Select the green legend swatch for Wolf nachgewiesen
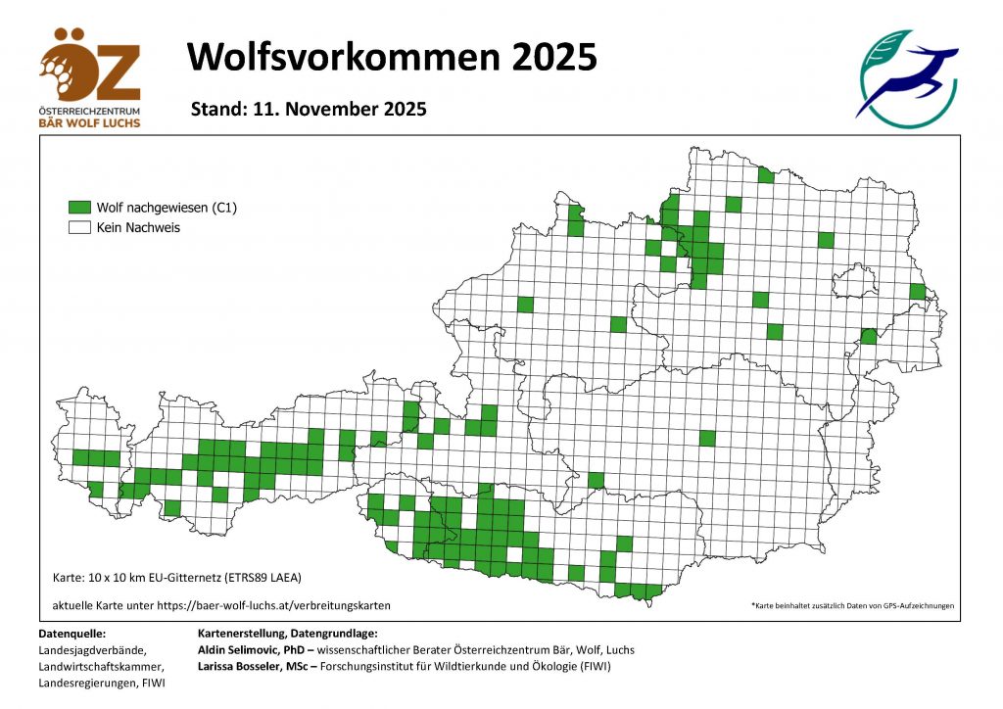pos(79,208)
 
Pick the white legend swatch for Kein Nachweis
pos(79,227)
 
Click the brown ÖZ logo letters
pos(90,68)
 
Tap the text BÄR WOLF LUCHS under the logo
pos(90,122)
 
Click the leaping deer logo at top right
pos(907,78)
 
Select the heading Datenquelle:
pos(72,634)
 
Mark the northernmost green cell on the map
pos(765,174)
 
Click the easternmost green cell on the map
pos(918,291)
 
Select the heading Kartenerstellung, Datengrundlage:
pos(287,634)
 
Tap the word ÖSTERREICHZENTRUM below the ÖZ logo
pos(90,112)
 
